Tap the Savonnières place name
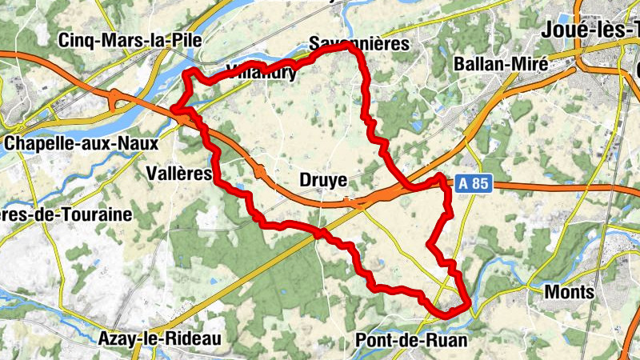point(359,43)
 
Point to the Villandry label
point(262,72)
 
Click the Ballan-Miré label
point(500,64)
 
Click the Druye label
point(323,180)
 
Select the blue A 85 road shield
point(474,183)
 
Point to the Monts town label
point(569,292)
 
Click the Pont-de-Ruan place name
point(411,339)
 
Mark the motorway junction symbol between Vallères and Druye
point(261,170)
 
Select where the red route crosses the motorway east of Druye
point(403,186)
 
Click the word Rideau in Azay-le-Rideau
point(194,339)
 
